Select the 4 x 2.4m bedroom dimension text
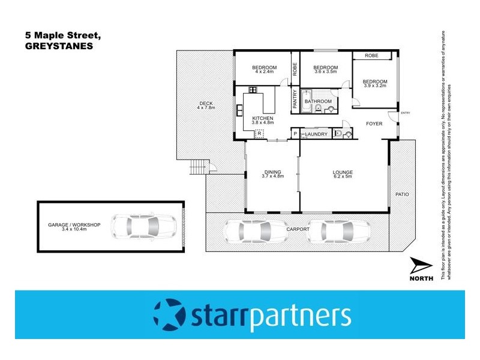pyautogui.click(x=263, y=72)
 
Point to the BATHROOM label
pyautogui.click(x=318, y=101)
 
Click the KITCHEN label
pyautogui.click(x=263, y=118)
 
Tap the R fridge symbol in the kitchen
pyautogui.click(x=260, y=134)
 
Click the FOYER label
pyautogui.click(x=374, y=124)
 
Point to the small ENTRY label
pyautogui.click(x=405, y=113)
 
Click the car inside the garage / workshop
pyautogui.click(x=143, y=227)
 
